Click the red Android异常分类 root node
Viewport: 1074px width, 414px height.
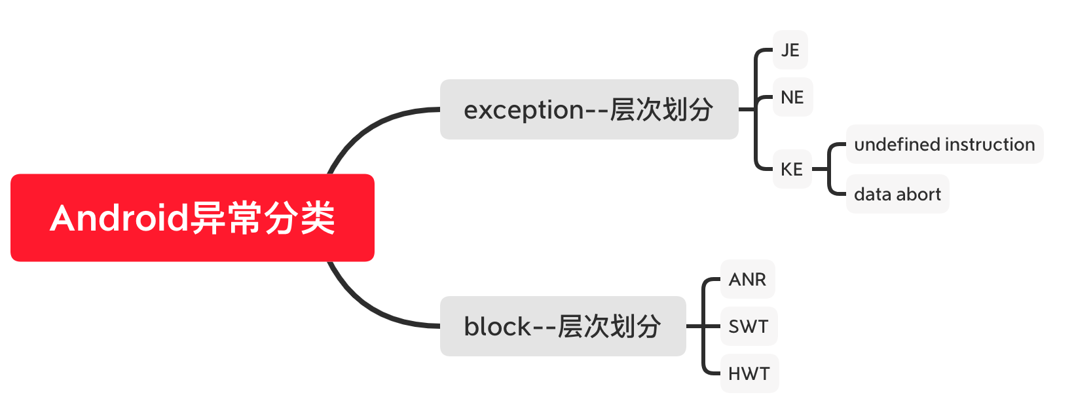(192, 217)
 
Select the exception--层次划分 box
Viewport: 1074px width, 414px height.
(589, 109)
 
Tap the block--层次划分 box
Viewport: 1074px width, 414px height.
(563, 326)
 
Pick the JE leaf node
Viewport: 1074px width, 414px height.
(790, 50)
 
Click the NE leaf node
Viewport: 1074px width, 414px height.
(792, 97)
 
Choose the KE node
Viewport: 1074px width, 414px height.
(792, 169)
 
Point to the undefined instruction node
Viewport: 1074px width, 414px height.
(944, 144)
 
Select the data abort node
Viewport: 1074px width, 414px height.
(897, 194)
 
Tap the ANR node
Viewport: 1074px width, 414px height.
(747, 279)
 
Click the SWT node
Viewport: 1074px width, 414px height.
(749, 326)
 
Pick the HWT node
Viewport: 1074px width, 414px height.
(749, 373)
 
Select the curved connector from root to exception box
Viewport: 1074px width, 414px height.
(367, 128)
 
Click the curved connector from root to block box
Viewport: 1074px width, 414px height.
(367, 308)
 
